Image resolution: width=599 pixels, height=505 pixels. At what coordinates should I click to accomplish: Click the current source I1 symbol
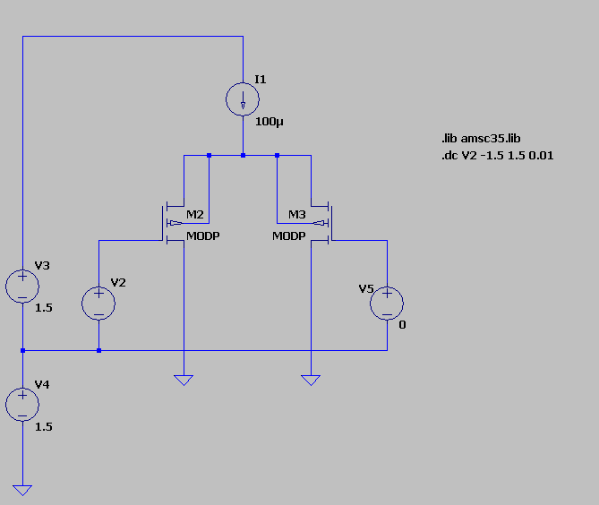(x=243, y=98)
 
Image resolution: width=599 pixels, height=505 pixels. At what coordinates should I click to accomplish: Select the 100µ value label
(x=270, y=121)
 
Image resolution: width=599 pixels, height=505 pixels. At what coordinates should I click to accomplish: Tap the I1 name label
(x=261, y=80)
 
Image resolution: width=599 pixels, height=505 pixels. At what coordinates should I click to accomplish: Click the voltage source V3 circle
(x=22, y=286)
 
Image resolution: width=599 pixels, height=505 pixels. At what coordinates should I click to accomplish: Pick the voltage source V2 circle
(x=98, y=303)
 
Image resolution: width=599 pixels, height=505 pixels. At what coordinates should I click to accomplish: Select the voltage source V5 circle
(x=387, y=303)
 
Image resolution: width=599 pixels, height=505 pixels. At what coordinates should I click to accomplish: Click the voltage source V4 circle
(x=22, y=405)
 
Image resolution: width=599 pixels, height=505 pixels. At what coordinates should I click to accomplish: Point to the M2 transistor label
(x=195, y=215)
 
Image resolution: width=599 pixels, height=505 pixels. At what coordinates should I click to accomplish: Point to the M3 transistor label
(x=297, y=215)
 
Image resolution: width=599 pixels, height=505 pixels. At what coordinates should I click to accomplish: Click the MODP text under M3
(x=289, y=236)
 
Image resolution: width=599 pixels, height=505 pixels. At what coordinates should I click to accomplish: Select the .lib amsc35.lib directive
(x=480, y=140)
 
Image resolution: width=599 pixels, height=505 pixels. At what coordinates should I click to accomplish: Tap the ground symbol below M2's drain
(x=184, y=380)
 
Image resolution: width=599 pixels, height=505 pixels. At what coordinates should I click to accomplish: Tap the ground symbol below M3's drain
(x=311, y=380)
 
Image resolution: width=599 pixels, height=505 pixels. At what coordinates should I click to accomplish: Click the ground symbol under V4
(x=22, y=489)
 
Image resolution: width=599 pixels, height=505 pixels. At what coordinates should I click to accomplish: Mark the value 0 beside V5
(x=402, y=324)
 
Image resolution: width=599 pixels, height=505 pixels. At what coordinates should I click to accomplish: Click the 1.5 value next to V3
(x=43, y=307)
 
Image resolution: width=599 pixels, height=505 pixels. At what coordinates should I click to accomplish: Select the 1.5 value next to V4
(x=43, y=426)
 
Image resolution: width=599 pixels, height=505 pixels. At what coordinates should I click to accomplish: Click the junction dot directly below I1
(x=243, y=156)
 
